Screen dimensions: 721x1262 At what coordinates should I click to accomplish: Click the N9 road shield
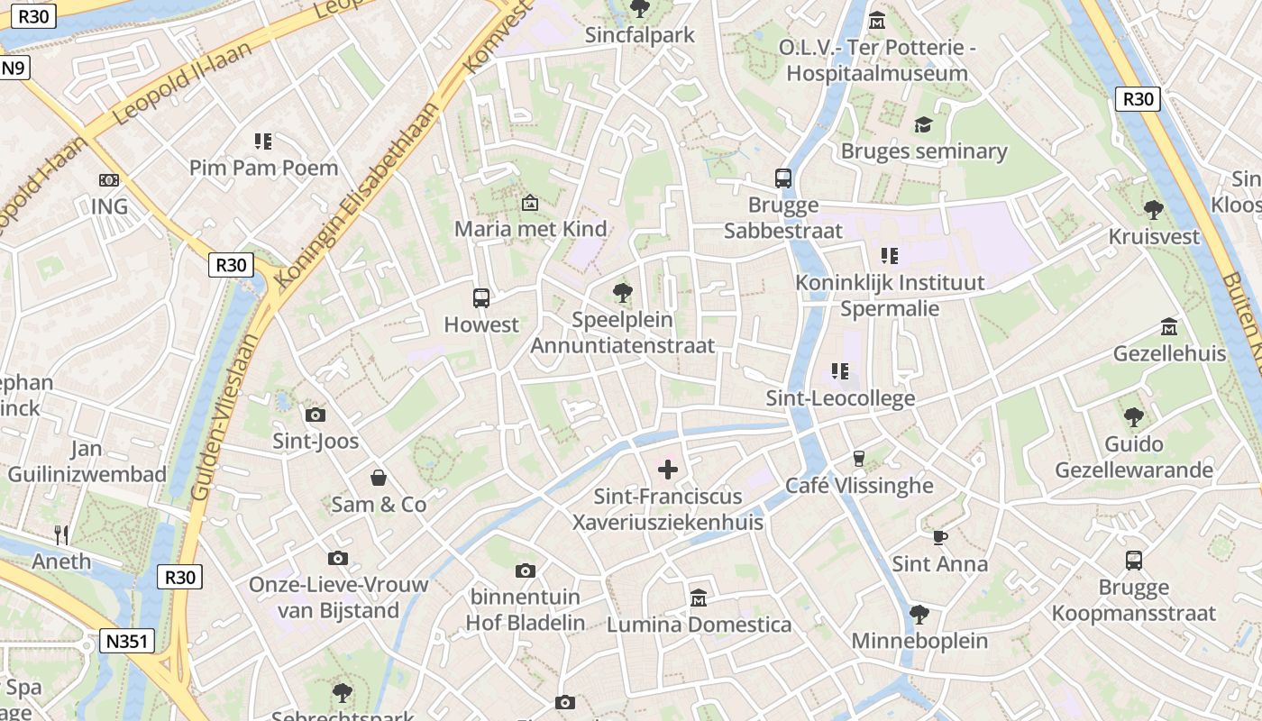pyautogui.click(x=14, y=68)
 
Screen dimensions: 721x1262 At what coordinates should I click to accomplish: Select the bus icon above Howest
pyautogui.click(x=481, y=297)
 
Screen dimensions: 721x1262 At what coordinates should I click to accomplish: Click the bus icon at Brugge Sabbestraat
pyautogui.click(x=783, y=178)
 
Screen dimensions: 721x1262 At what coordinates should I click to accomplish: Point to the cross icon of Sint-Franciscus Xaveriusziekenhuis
pyautogui.click(x=668, y=470)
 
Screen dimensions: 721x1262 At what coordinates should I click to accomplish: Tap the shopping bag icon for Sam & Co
pyautogui.click(x=379, y=477)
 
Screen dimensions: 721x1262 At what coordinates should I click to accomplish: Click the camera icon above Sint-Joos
pyautogui.click(x=315, y=415)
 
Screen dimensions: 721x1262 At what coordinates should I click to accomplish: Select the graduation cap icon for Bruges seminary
pyautogui.click(x=923, y=124)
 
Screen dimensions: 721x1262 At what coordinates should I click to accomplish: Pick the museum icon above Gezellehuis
pyautogui.click(x=1169, y=326)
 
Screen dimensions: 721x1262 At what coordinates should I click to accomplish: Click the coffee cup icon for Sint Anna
pyautogui.click(x=940, y=537)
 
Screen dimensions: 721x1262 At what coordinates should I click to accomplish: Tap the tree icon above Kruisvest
pyautogui.click(x=1153, y=210)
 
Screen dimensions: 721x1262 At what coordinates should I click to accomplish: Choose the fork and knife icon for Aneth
pyautogui.click(x=61, y=534)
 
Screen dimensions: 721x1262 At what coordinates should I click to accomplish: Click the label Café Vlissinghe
pyautogui.click(x=859, y=486)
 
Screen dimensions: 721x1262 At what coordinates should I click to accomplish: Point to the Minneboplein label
pyautogui.click(x=919, y=641)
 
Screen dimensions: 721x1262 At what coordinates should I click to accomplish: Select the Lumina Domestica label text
pyautogui.click(x=699, y=625)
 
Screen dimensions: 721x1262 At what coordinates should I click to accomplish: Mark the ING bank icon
pyautogui.click(x=109, y=180)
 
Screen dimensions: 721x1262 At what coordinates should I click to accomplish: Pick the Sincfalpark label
pyautogui.click(x=640, y=35)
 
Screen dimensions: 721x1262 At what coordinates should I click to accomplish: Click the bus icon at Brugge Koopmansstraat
pyautogui.click(x=1134, y=561)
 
